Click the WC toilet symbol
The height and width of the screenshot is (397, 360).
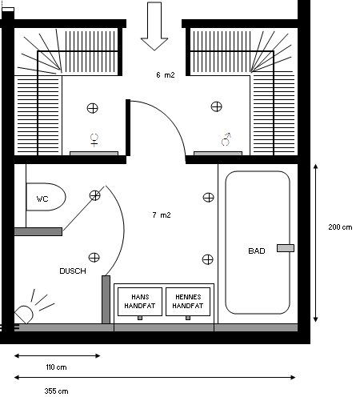46,197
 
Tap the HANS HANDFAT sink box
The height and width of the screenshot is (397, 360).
140,302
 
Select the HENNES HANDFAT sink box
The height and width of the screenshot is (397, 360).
188,302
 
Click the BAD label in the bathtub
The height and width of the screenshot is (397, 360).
257,251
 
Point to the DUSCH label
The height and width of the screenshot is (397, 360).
73,271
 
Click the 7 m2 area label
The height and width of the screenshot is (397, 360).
162,215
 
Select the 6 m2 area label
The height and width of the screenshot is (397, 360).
166,75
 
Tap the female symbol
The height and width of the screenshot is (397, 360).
94,140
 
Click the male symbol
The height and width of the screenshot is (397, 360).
226,139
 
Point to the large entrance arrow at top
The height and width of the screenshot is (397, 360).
154,26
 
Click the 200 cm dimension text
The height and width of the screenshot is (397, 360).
340,227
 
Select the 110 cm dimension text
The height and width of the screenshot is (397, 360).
56,367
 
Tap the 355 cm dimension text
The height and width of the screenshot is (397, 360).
56,391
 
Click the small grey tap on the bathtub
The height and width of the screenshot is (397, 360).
286,248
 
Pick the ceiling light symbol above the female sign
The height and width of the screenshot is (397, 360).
93,108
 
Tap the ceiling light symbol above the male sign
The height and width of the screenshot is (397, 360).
216,106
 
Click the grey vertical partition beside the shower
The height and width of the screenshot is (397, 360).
106,299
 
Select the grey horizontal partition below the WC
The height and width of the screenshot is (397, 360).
38,231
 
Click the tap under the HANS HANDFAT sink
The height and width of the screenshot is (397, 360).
140,318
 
